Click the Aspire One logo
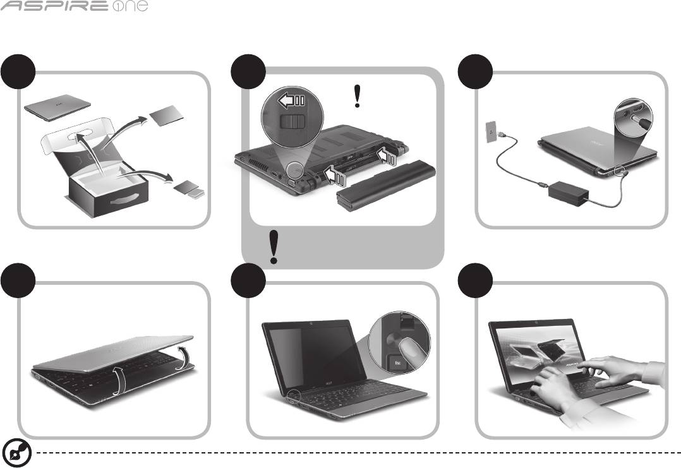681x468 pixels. click(74, 6)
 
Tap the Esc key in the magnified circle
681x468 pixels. click(397, 363)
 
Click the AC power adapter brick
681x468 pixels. click(568, 194)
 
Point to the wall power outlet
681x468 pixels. click(490, 132)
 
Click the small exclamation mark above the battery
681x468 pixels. click(357, 96)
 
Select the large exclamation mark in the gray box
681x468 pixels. click(274, 247)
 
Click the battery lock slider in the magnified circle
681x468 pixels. click(292, 121)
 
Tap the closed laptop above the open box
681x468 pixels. click(57, 107)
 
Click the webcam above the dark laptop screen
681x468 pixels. click(311, 324)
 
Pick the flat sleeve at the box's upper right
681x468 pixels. click(166, 116)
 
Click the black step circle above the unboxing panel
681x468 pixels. click(18, 71)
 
